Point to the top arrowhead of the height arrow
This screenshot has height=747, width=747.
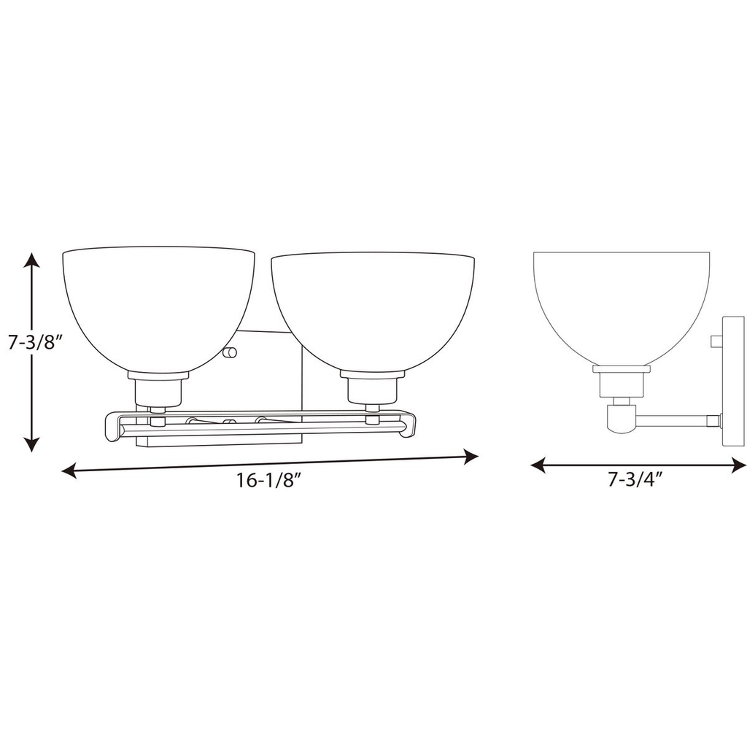click(x=31, y=260)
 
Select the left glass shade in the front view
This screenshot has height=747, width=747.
click(x=158, y=306)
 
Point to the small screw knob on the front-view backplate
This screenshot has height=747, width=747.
click(x=231, y=353)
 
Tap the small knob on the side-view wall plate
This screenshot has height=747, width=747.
click(x=716, y=341)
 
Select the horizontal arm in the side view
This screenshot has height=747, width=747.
click(x=675, y=420)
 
